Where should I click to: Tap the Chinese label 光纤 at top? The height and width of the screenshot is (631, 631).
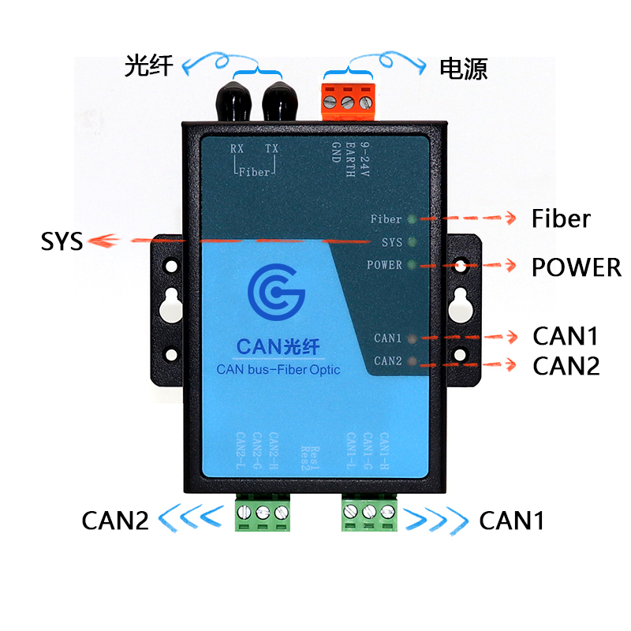(x=148, y=65)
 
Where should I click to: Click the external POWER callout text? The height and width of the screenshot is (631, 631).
(x=576, y=267)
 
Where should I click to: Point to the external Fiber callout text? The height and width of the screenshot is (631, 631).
(x=561, y=218)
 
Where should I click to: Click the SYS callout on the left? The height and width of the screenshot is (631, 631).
(x=62, y=241)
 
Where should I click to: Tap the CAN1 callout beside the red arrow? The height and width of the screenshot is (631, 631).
(x=566, y=336)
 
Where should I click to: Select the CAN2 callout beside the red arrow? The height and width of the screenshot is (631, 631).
(x=566, y=366)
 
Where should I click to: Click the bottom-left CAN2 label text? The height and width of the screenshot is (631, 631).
(x=114, y=521)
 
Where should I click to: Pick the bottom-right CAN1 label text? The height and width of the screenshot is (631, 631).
(x=512, y=521)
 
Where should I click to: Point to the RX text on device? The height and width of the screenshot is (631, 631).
(x=237, y=149)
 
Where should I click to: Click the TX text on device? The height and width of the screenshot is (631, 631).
(x=271, y=149)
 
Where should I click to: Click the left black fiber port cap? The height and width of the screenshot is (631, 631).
(x=233, y=95)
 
